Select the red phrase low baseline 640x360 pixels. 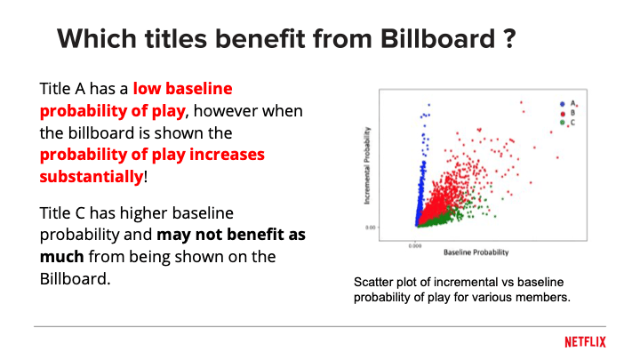point(186,91)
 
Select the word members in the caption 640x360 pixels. point(542,296)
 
